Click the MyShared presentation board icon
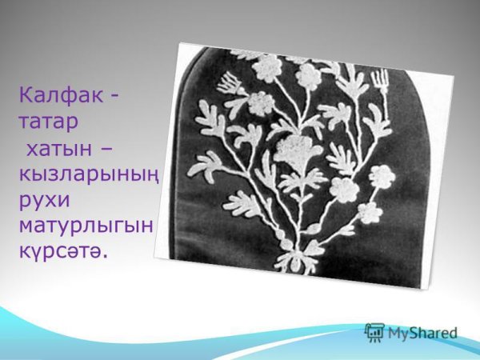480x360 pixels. tap(374, 332)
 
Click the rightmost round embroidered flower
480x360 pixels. tap(382, 174)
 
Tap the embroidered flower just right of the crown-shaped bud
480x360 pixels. tap(259, 102)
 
